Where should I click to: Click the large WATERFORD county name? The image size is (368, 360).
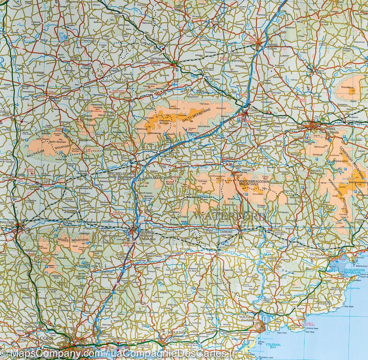pos(229,216)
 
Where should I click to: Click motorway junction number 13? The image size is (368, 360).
pos(135,180)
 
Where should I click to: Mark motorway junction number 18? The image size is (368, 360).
pos(97,320)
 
